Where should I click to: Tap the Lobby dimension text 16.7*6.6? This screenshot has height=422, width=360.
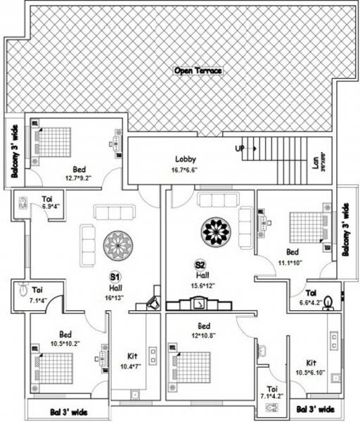(x=186, y=170)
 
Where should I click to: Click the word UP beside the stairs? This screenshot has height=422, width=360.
(x=240, y=149)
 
